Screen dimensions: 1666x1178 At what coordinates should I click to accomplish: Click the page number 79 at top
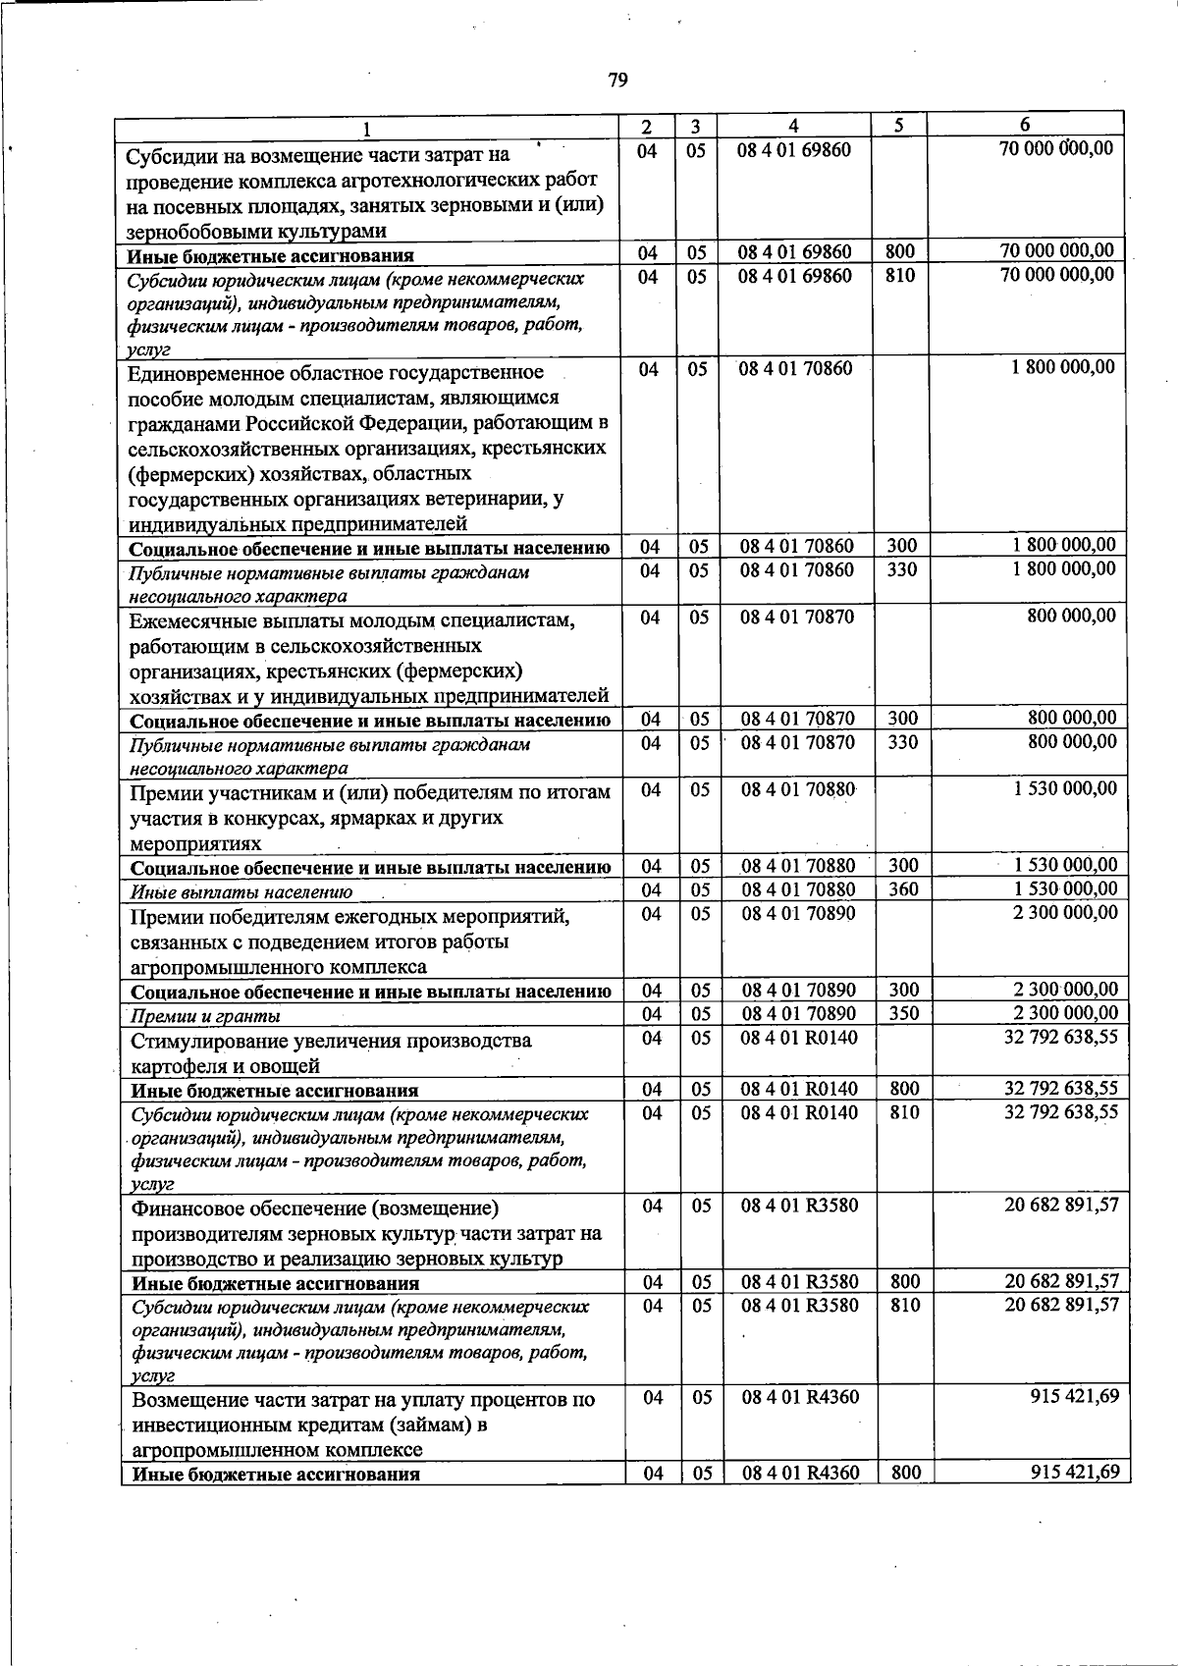coord(617,80)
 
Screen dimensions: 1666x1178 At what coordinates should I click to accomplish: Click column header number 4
coord(793,126)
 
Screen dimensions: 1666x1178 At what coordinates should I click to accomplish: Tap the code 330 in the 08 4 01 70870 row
coord(903,743)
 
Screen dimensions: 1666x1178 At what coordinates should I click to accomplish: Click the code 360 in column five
coord(903,889)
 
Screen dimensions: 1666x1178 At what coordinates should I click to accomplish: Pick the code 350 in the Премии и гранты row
coord(904,1014)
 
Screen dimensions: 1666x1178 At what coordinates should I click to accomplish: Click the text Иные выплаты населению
coord(241,892)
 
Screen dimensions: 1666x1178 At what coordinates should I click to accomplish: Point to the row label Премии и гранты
coord(205,1016)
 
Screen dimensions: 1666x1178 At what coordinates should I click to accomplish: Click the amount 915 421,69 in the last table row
coord(1075,1473)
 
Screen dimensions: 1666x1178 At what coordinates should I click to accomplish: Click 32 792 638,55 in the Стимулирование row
coord(1061,1037)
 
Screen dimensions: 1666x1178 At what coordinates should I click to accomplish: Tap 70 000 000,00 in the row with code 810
coord(1057,275)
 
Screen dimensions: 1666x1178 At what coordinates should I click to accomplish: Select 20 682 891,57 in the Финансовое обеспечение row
coord(1061,1205)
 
